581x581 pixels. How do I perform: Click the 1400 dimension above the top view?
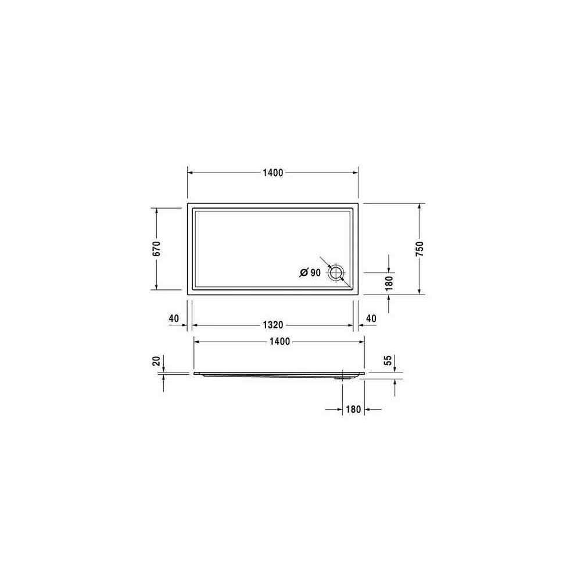272,173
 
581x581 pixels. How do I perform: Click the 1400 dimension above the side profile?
279,342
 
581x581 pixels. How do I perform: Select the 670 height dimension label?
157,249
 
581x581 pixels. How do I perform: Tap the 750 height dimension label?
419,249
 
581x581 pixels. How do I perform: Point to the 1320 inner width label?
272,325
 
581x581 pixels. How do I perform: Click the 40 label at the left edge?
174,318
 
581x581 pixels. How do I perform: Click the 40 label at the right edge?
371,318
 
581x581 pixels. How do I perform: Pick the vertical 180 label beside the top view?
389,284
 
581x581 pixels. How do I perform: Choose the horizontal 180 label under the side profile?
353,409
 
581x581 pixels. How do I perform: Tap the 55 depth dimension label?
388,360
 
